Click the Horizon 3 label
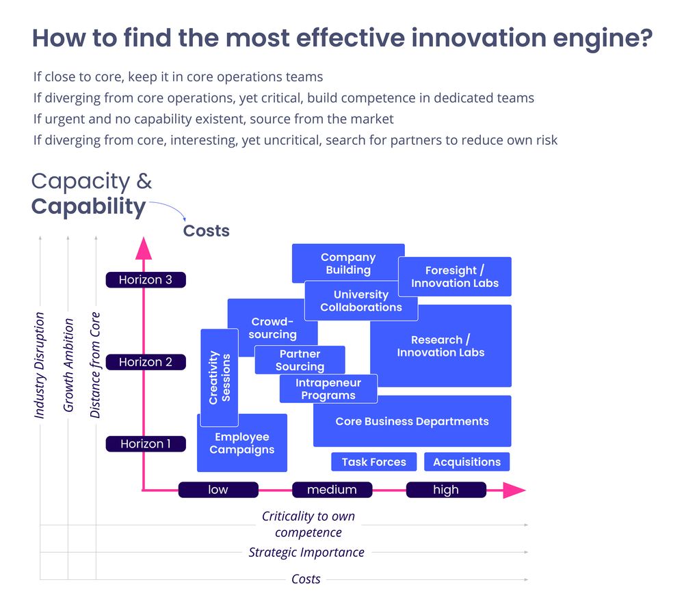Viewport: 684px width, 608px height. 145,279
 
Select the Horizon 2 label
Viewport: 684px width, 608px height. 145,362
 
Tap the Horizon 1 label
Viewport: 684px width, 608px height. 145,444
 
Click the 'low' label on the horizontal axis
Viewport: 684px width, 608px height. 218,490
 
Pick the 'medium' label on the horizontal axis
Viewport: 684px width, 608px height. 332,490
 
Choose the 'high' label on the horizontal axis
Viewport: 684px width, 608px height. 446,490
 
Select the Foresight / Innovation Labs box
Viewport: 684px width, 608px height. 455,277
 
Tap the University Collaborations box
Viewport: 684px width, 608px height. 360,301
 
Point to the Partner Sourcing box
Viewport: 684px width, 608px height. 300,360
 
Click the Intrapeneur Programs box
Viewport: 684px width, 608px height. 328,389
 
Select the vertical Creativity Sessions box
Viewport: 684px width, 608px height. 220,378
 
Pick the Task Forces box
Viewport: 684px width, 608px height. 373,462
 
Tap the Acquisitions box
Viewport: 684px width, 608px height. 466,462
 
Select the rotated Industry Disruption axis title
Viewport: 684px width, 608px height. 40,365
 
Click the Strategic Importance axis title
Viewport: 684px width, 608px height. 306,552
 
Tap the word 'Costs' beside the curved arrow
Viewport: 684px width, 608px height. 206,231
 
